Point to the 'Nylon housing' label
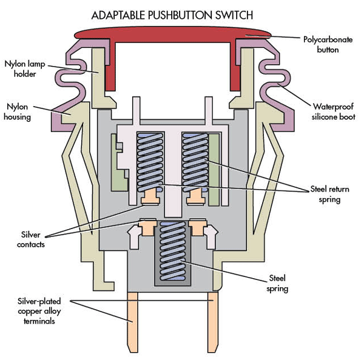click(18, 112)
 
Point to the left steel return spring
click(149, 160)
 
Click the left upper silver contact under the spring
click(149, 198)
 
